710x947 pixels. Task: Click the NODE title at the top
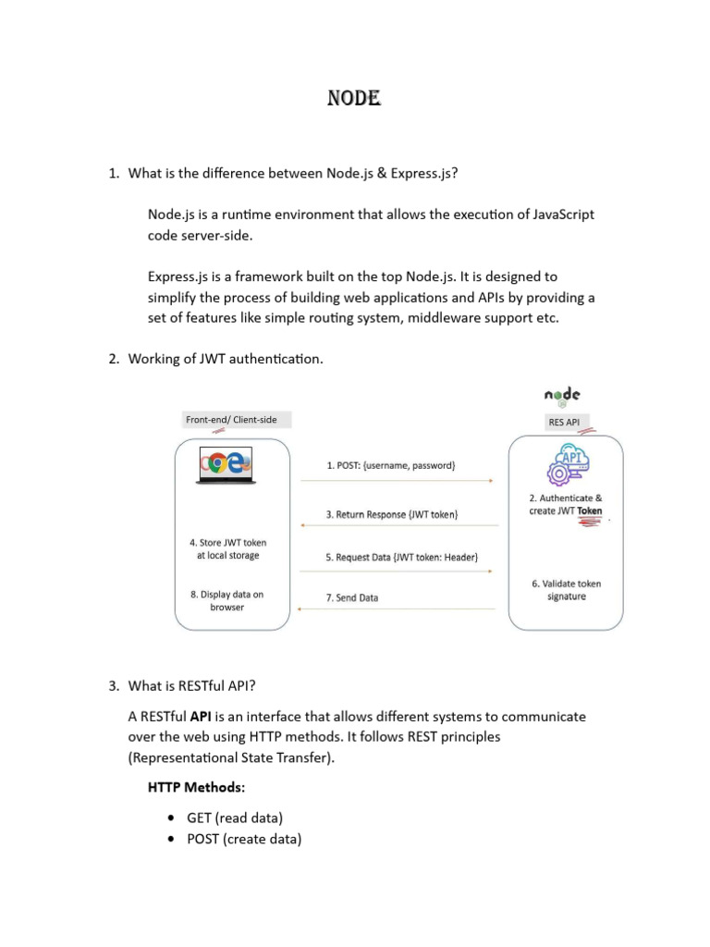tap(354, 98)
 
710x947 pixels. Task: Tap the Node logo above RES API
tap(562, 397)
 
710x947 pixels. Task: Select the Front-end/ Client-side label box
tap(231, 420)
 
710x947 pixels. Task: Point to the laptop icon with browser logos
tap(226, 464)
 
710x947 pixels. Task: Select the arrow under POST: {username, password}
tap(397, 481)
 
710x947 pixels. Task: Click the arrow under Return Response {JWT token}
tap(397, 526)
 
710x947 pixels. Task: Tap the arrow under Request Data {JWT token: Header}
tap(397, 572)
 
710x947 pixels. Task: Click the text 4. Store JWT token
tap(227, 543)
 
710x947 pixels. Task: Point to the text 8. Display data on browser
tap(226, 601)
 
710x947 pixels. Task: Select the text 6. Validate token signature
tap(566, 590)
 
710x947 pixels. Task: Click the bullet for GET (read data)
tap(172, 818)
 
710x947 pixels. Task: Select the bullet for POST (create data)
tap(172, 840)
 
